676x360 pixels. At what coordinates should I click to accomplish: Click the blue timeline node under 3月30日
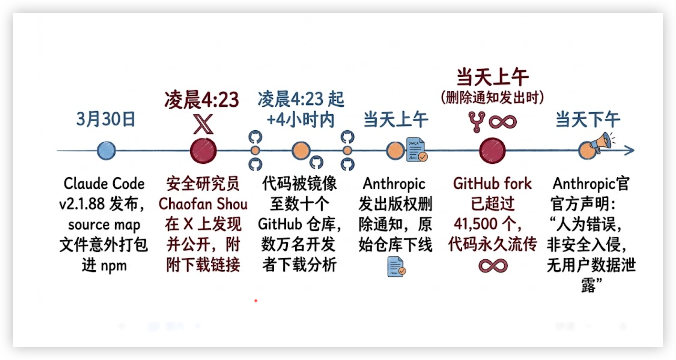(x=106, y=151)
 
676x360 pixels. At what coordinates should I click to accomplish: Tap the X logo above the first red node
(x=203, y=124)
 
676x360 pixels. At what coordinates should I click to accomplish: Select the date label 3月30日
(x=106, y=119)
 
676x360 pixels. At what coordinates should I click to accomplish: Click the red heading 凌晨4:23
(x=202, y=100)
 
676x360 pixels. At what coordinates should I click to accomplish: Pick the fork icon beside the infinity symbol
(x=476, y=122)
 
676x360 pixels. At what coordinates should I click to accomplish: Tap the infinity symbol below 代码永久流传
(x=493, y=266)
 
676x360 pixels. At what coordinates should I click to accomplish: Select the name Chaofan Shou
(x=203, y=204)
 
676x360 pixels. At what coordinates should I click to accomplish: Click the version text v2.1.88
(x=82, y=204)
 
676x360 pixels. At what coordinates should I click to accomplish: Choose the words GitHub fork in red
(x=492, y=184)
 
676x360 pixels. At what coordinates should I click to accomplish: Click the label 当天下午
(x=588, y=120)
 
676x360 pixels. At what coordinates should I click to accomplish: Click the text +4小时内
(x=300, y=120)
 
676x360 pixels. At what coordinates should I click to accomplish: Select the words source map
(x=104, y=225)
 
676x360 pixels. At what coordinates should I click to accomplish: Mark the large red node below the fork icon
(x=492, y=151)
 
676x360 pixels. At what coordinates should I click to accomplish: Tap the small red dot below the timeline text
(x=256, y=301)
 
